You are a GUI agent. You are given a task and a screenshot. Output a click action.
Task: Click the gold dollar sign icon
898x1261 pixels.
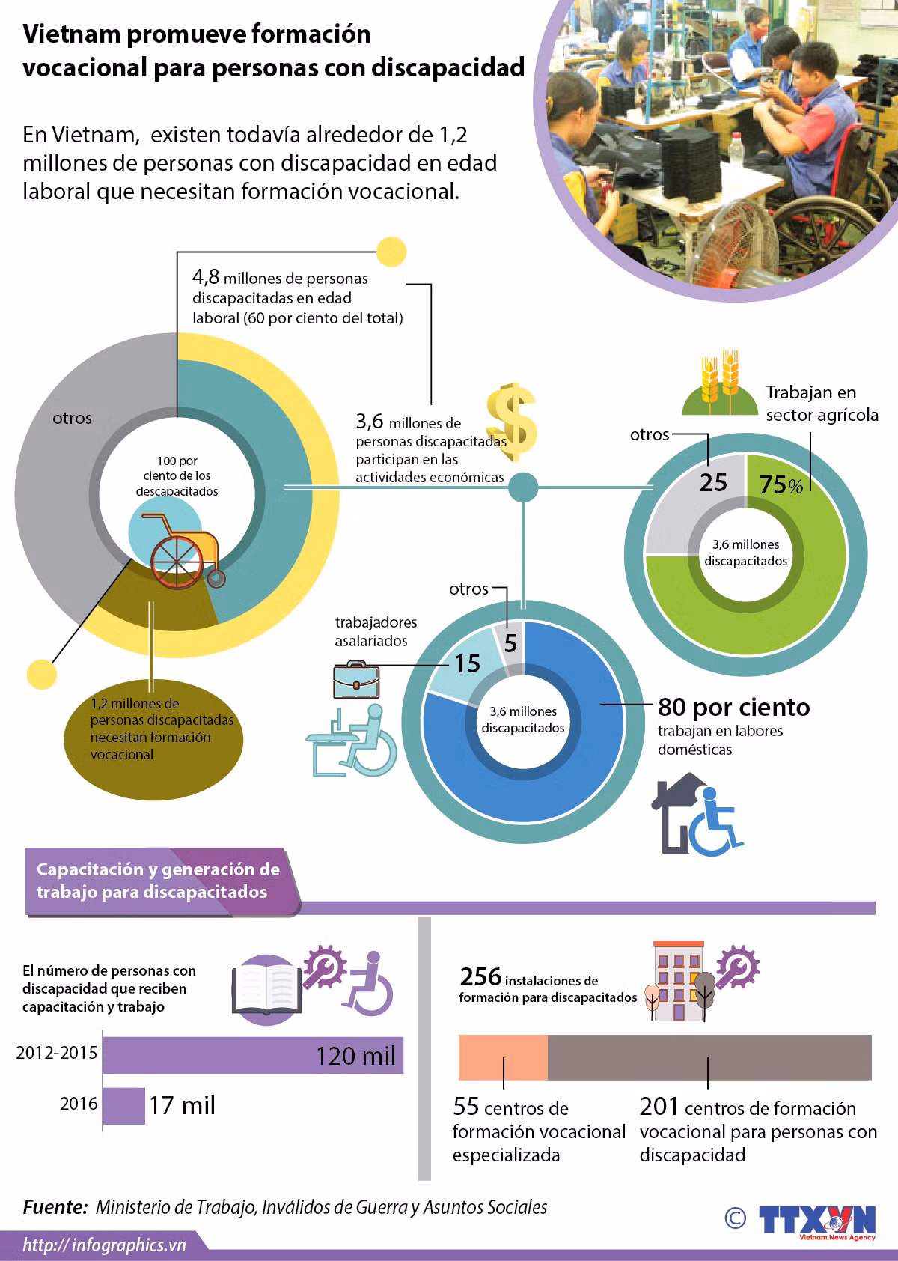[511, 422]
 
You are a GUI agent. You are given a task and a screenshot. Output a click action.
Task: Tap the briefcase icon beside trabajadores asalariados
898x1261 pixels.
[356, 679]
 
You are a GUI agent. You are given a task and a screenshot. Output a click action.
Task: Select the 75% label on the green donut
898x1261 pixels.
[781, 484]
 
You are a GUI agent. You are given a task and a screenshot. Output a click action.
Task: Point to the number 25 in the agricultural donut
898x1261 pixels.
[713, 482]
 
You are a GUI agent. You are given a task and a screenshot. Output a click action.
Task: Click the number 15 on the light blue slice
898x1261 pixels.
[467, 663]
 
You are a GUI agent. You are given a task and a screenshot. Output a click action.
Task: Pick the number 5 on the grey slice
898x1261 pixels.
[510, 643]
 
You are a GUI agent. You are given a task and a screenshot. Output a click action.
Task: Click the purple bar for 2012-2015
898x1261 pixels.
[253, 1055]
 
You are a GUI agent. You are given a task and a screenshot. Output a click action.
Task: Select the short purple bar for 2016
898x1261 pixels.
[123, 1106]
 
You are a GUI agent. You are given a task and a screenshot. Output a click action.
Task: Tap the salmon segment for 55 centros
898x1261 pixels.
[503, 1057]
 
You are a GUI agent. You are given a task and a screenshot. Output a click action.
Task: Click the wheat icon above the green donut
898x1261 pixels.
[720, 383]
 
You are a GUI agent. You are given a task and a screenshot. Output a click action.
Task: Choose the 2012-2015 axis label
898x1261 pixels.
[57, 1053]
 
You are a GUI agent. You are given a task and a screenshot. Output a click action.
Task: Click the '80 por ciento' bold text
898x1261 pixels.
[733, 707]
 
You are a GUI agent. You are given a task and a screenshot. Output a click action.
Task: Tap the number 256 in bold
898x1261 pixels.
[480, 977]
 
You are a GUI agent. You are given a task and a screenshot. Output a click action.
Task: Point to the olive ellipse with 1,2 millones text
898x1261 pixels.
[153, 739]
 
